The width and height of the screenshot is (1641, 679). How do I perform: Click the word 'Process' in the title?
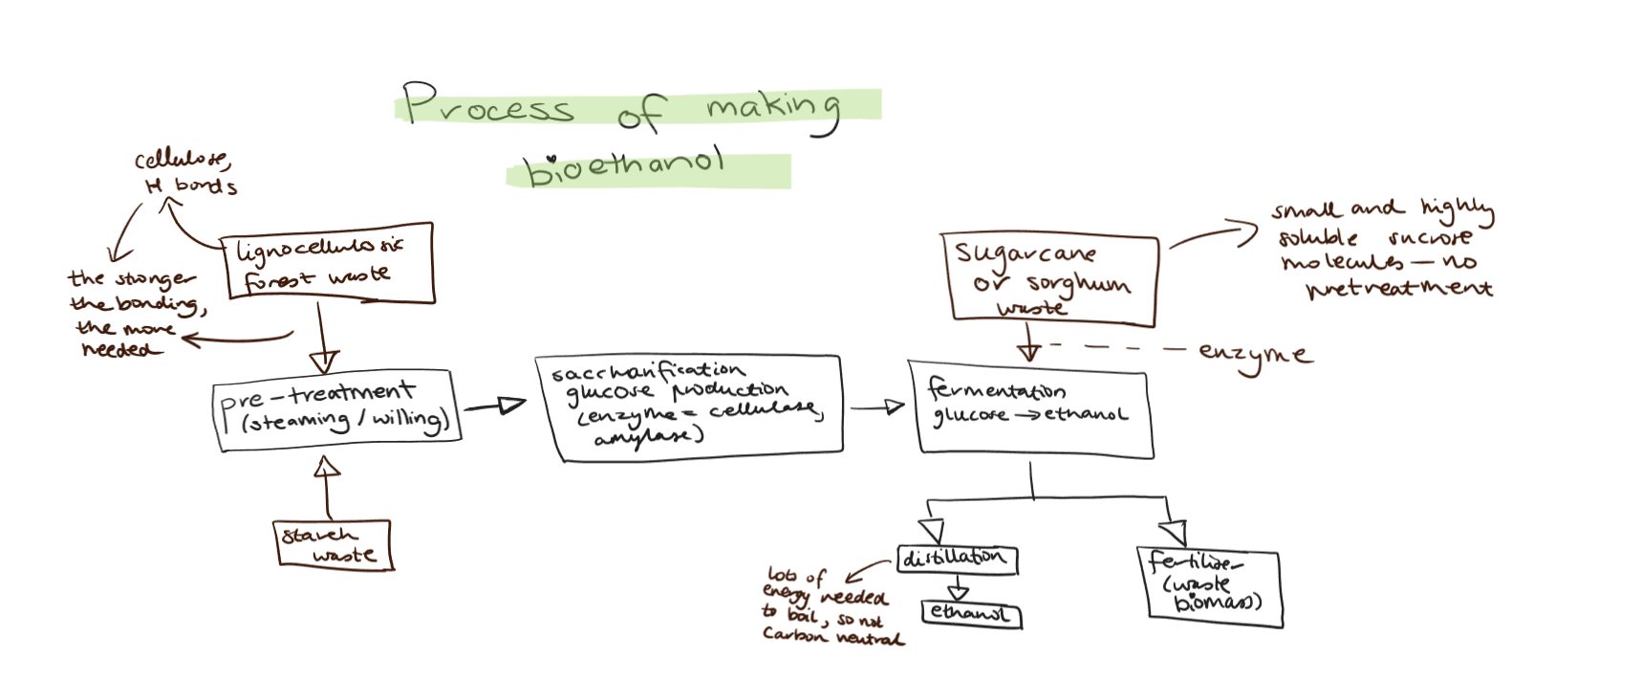click(488, 104)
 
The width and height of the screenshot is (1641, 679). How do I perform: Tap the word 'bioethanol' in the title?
click(625, 168)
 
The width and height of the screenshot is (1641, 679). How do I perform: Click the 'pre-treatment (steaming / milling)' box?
click(336, 409)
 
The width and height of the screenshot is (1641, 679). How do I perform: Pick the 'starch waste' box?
click(333, 545)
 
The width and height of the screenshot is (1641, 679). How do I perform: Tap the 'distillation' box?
click(956, 559)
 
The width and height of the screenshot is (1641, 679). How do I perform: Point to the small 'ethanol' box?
click(971, 614)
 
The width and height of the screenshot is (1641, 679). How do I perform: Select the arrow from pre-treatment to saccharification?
click(495, 406)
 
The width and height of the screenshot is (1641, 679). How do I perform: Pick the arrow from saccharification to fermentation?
click(878, 407)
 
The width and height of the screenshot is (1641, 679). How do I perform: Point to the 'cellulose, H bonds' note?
click(184, 173)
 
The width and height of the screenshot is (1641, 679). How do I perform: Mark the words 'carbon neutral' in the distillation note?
click(832, 636)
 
